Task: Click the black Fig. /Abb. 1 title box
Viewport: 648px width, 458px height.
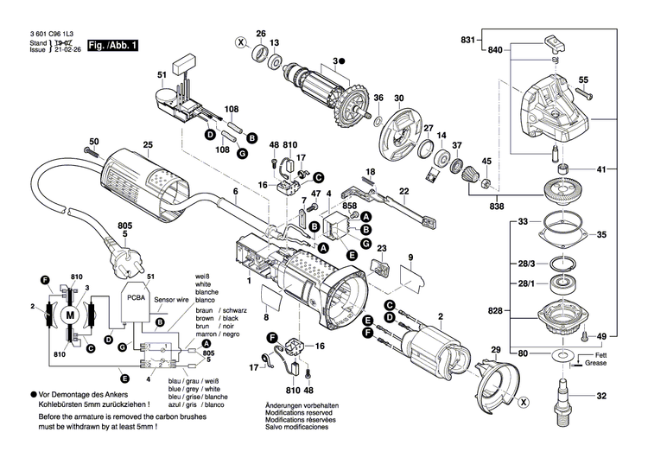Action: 112,46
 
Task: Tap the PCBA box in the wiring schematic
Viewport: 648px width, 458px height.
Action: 136,302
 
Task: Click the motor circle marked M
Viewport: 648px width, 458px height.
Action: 70,316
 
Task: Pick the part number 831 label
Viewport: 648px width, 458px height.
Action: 467,40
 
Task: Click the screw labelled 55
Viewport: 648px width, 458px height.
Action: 582,94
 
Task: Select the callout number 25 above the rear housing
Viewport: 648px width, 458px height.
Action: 148,144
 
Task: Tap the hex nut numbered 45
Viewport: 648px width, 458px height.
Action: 486,181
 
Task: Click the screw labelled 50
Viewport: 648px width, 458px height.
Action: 92,151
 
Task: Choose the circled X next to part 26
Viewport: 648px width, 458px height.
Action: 240,41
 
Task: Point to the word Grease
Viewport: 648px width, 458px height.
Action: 595,363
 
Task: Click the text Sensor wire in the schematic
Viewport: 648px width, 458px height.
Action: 171,300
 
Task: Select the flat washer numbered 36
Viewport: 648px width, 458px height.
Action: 378,122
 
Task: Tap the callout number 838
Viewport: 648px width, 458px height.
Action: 496,206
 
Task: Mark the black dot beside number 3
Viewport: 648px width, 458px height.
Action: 342,61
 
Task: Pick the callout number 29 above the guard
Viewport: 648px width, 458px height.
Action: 496,350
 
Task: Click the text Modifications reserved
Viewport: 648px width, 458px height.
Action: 299,412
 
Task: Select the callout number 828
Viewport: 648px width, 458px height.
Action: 495,310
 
